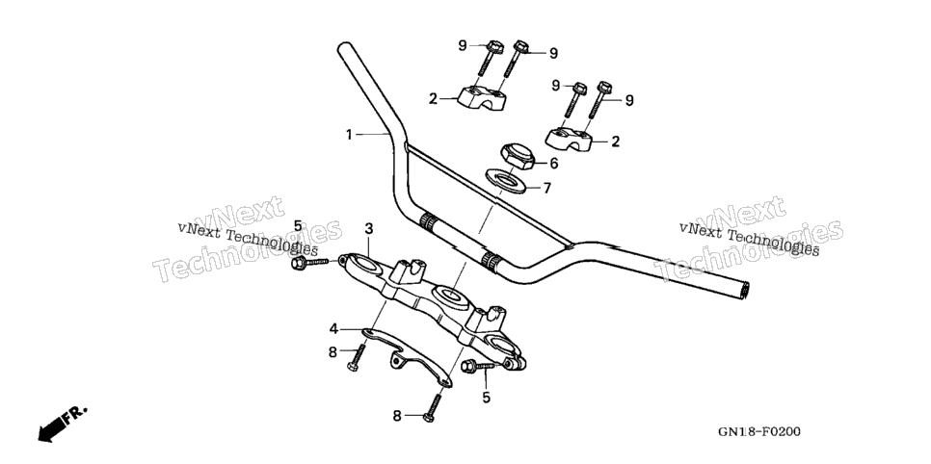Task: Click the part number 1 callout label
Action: pos(350,136)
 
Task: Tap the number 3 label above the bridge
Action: pos(369,228)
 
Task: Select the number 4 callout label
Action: pos(334,328)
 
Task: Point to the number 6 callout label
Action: pos(553,164)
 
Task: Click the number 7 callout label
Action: pos(546,189)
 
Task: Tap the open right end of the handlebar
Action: pos(743,290)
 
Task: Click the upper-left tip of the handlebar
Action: pos(344,46)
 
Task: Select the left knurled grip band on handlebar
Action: pos(428,223)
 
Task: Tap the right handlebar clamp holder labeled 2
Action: pos(570,139)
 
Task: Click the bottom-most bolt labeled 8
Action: pos(433,408)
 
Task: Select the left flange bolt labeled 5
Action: pos(309,262)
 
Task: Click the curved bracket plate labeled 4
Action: pos(408,356)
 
